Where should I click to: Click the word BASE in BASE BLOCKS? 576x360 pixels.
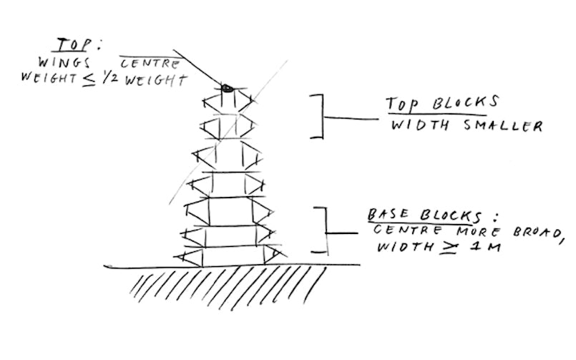[x=388, y=214]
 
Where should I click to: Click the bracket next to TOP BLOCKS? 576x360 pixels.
[x=317, y=115]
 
